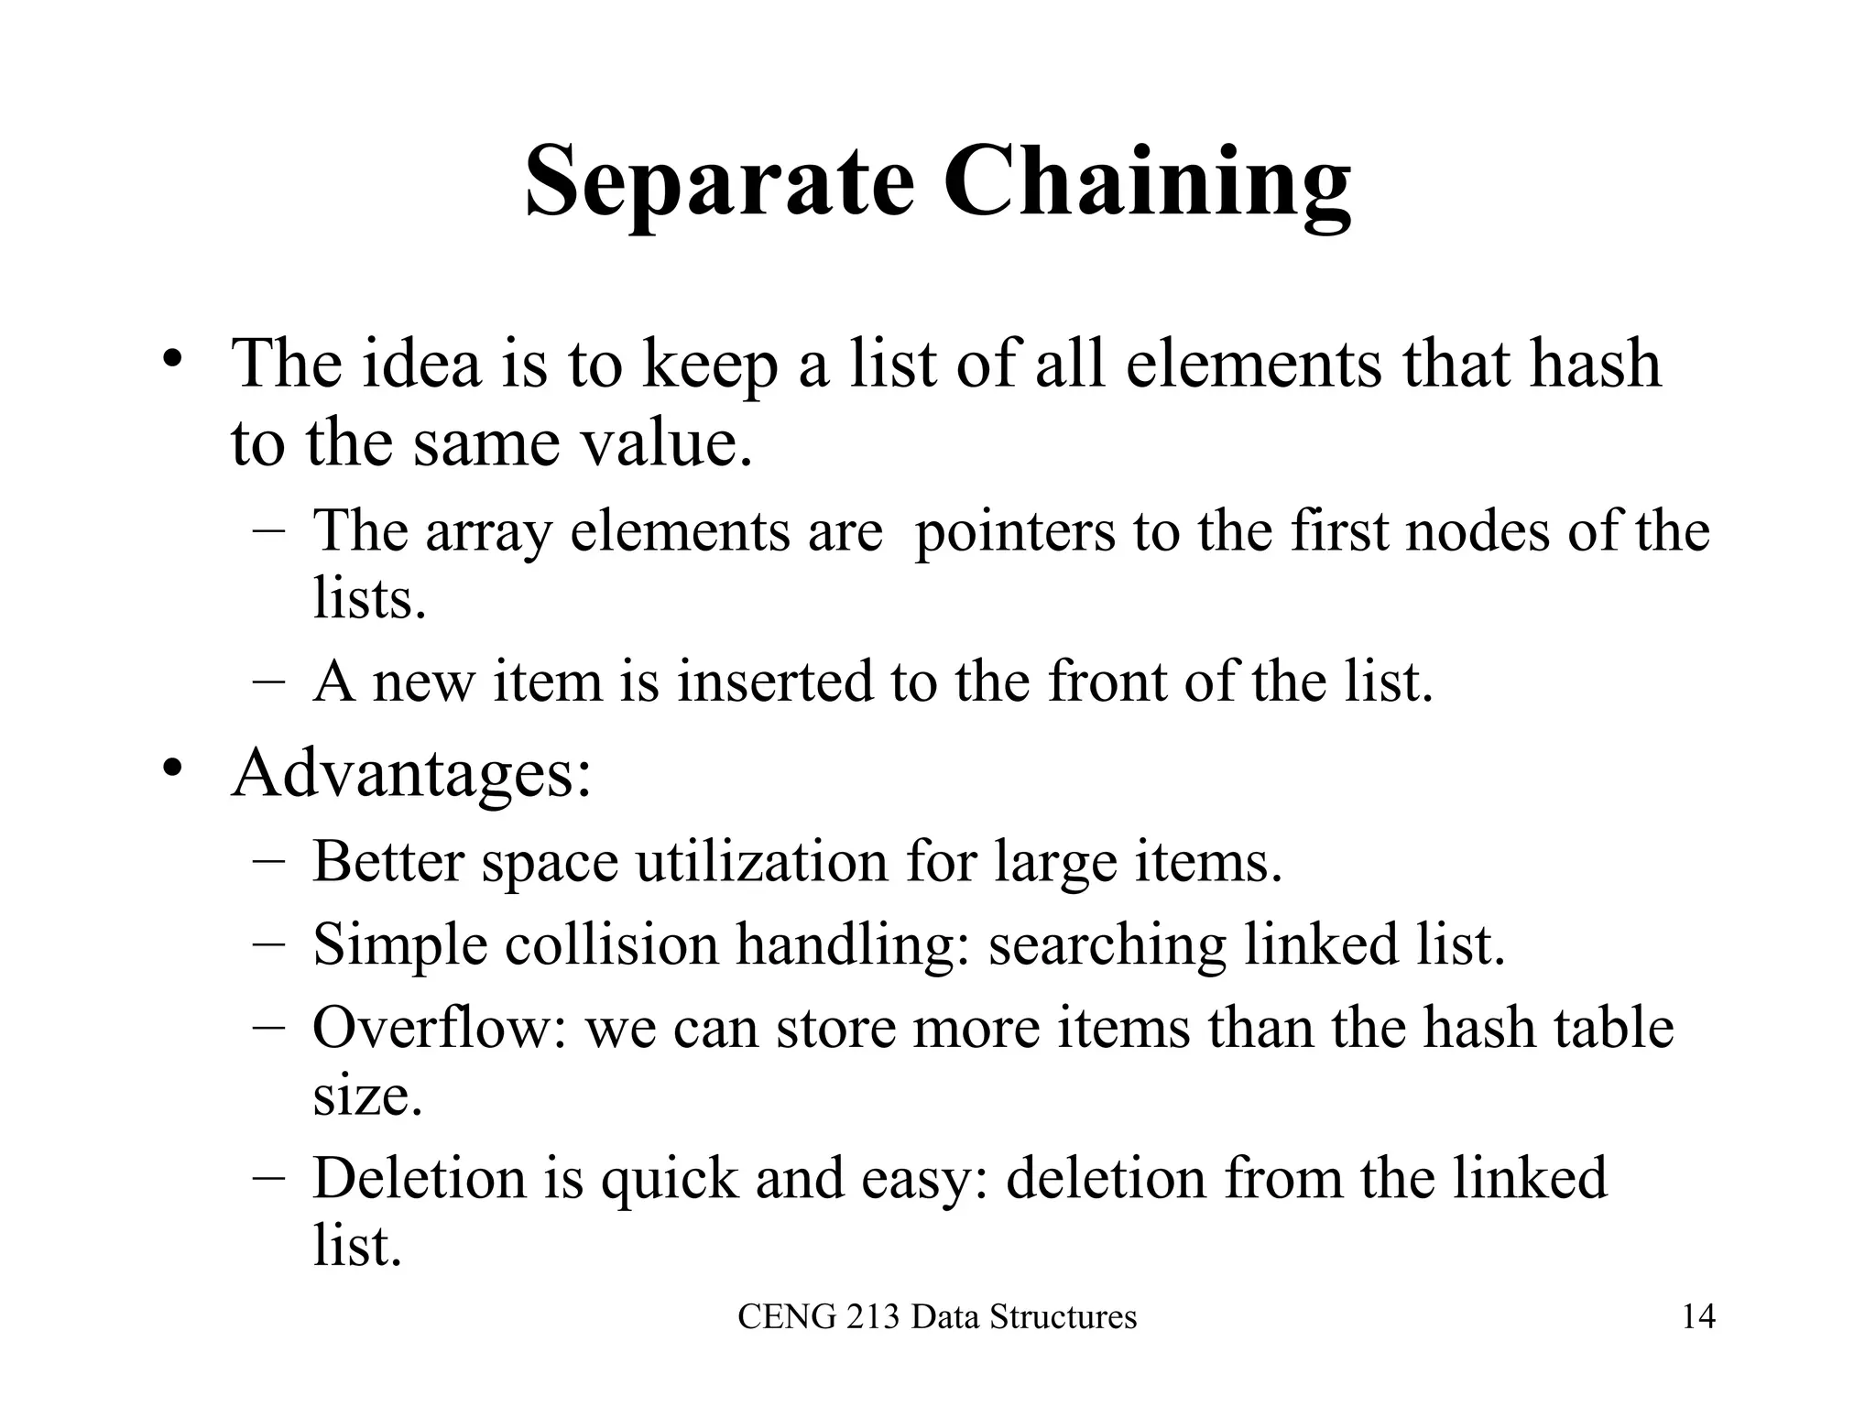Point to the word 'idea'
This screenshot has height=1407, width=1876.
(x=420, y=364)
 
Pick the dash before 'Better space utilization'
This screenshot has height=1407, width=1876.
(x=268, y=862)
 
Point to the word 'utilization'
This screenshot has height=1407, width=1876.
(x=761, y=862)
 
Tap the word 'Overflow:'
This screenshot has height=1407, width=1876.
(x=440, y=1028)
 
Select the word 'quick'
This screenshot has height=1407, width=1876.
(x=669, y=1180)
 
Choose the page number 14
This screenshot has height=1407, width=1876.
(x=1698, y=1317)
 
